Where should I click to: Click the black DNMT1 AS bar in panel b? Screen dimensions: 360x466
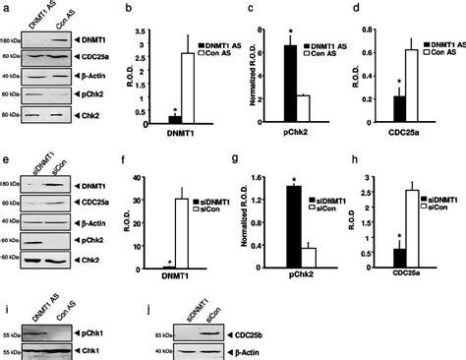tap(174, 120)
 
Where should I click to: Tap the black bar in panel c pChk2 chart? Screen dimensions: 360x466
tap(291, 86)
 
